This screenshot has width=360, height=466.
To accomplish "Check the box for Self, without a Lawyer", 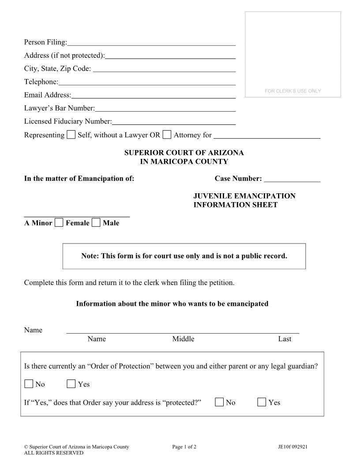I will point(71,135).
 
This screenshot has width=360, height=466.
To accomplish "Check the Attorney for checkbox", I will point(167,135).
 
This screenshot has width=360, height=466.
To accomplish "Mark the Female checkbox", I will point(59,223).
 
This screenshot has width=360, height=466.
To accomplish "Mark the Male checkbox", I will point(96,223).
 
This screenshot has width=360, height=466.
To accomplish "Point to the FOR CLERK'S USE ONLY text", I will point(293,91).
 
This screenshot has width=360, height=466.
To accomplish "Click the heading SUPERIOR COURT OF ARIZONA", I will point(184,153).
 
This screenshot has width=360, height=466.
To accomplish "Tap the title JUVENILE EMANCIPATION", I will point(244,196).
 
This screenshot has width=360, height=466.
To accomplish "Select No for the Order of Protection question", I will point(29,384).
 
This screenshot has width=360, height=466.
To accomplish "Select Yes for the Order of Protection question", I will point(71,384).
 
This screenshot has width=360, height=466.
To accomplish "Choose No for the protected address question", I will point(220,402).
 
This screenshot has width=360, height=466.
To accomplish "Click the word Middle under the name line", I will point(183,339).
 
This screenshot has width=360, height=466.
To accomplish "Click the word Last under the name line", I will point(285,339).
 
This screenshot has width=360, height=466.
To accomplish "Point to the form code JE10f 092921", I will point(290,447).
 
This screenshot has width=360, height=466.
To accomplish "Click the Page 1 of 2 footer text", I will point(184,447).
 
